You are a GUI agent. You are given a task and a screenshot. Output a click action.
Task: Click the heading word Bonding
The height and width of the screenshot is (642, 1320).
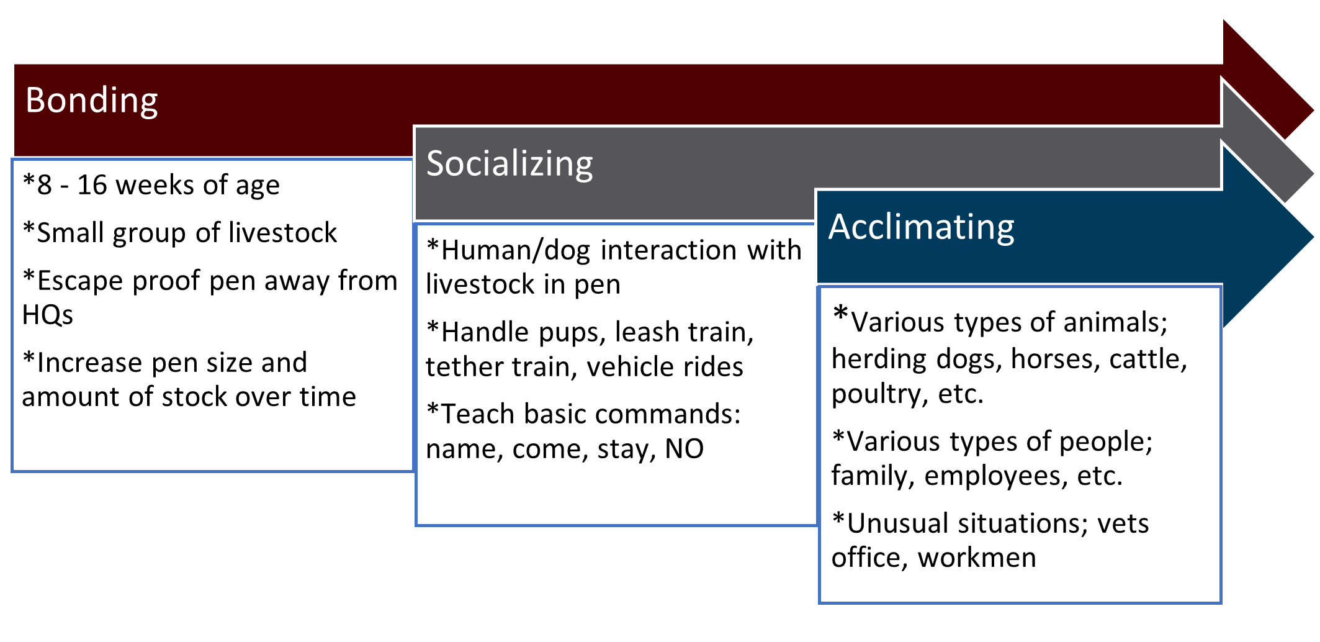tap(92, 101)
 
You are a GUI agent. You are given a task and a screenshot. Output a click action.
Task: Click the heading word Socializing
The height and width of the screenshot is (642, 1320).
tap(510, 165)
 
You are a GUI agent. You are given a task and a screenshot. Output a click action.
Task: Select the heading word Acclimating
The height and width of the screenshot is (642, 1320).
tap(922, 228)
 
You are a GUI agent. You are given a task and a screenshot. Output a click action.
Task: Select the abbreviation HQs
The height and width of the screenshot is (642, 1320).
tap(48, 315)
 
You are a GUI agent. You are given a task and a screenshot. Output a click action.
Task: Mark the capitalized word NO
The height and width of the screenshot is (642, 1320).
tap(684, 448)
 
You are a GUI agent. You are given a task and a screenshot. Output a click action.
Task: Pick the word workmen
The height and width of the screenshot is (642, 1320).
tap(977, 558)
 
